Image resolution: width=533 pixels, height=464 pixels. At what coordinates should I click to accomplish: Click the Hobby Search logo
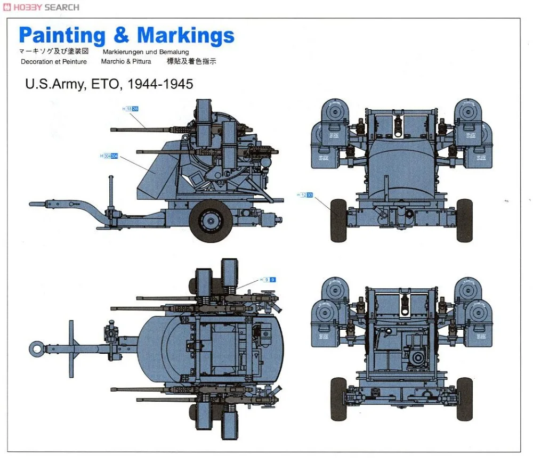[x=41, y=7]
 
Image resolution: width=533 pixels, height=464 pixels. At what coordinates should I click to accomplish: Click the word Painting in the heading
[x=62, y=36]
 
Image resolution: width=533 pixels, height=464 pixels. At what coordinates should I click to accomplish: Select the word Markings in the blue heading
[x=185, y=36]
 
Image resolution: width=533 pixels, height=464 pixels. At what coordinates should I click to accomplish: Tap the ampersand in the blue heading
[x=121, y=36]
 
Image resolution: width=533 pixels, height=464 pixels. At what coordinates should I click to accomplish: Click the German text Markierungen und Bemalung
[x=145, y=52]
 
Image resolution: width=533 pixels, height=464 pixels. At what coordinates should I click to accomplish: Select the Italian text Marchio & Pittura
[x=126, y=61]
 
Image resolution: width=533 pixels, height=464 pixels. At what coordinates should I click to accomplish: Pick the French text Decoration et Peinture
[x=53, y=61]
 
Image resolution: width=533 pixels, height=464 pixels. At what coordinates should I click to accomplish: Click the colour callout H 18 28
[x=131, y=109]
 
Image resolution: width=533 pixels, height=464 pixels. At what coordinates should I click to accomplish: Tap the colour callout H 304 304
[x=109, y=156]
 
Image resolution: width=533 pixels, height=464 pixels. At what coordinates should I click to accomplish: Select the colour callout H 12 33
[x=305, y=195]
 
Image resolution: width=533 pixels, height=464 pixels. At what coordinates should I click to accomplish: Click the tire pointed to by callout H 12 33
[x=338, y=220]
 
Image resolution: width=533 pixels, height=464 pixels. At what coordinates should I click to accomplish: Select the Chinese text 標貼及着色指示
[x=191, y=61]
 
